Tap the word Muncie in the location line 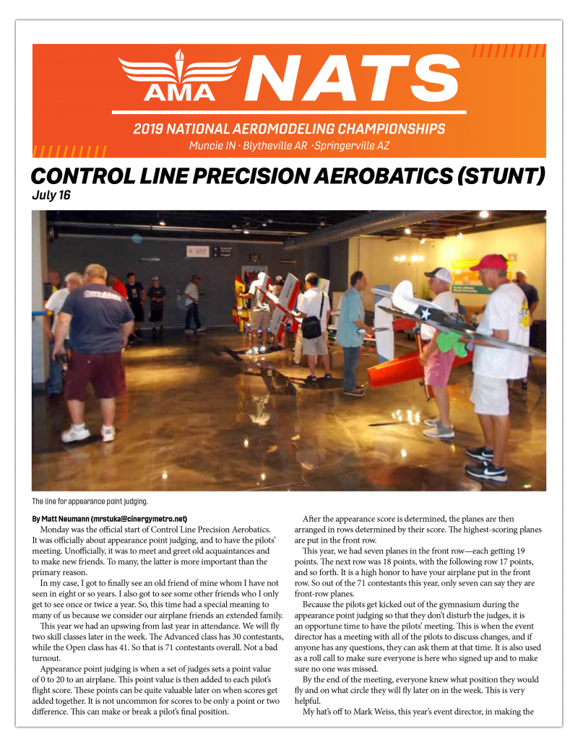click(205, 145)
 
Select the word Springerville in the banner click(348, 145)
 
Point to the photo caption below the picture click(90, 502)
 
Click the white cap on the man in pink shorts click(439, 274)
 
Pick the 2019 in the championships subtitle click(147, 129)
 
